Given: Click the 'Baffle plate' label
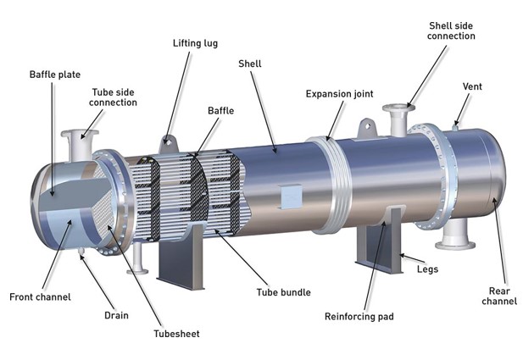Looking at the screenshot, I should point(55,74).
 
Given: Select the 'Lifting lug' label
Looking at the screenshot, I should point(194,42).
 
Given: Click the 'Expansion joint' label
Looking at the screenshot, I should point(338,93).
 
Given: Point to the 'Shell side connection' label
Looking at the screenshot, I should point(452,30).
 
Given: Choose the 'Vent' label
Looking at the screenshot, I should point(472,86).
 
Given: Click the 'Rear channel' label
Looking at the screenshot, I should point(498,295).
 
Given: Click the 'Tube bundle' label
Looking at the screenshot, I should point(283,292).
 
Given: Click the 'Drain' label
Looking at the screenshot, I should point(116,315).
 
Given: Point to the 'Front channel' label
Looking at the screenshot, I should point(40,296).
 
